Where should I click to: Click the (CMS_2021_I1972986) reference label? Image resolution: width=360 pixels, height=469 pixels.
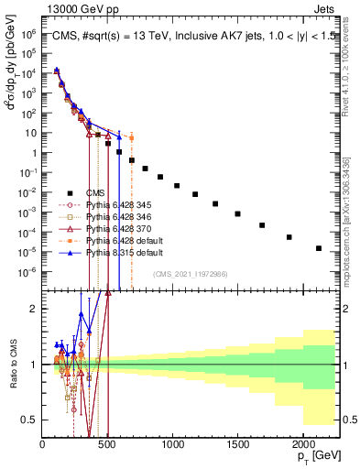click(x=190, y=274)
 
